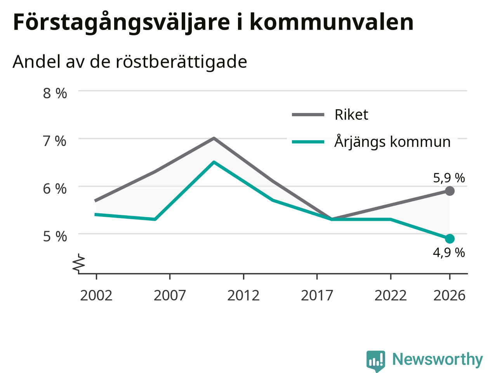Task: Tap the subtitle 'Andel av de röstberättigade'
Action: point(130,62)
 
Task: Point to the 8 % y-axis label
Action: point(55,93)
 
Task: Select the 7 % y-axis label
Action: point(55,141)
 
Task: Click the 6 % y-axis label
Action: point(55,189)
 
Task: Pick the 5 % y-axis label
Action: point(55,237)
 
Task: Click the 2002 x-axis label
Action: point(96,296)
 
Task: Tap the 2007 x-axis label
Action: point(170,296)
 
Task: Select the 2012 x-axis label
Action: point(243,296)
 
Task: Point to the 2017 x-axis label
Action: point(317,296)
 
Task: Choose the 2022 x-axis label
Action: point(391,296)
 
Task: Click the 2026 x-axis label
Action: point(450,296)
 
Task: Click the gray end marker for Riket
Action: point(450,191)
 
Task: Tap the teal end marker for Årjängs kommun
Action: point(450,239)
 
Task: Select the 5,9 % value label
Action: point(449,178)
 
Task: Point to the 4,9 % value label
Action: point(449,253)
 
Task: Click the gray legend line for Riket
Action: point(308,115)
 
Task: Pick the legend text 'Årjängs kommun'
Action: point(393,142)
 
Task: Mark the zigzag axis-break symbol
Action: point(78,263)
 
